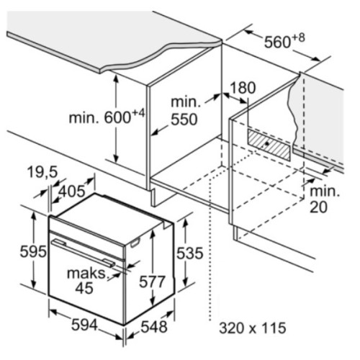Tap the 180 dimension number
[x=243, y=88]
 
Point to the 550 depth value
[x=184, y=120]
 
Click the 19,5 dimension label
[x=42, y=172]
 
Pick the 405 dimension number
[x=72, y=192]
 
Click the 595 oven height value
[x=33, y=251]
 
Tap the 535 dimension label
[x=190, y=253]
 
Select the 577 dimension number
[x=152, y=282]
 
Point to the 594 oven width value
[x=85, y=325]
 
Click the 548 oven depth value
[x=154, y=327]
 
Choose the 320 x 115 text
[x=253, y=328]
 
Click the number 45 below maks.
[x=84, y=288]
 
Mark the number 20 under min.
[x=318, y=207]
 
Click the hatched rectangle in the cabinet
[x=269, y=145]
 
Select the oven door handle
[x=83, y=253]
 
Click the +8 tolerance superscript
[x=298, y=38]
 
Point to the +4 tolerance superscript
[x=138, y=114]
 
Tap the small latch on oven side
[x=135, y=243]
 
